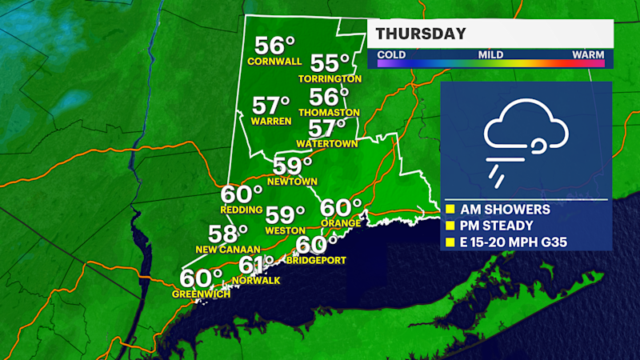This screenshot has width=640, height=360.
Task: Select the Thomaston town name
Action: tap(329, 113)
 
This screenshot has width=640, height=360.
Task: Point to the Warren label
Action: tap(270, 122)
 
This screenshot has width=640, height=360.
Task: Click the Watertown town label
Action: tap(326, 143)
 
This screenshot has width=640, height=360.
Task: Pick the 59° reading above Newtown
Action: tap(290, 166)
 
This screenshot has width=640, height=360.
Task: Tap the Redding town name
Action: tap(242, 210)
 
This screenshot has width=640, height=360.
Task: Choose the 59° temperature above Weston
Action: tap(285, 215)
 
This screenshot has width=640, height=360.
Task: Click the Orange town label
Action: tap(337, 222)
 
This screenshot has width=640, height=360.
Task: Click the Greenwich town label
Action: tap(201, 294)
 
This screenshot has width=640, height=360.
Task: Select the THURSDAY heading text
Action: tap(421, 34)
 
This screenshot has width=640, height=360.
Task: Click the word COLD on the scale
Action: tap(391, 55)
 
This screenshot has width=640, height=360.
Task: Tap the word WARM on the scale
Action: tap(588, 55)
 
